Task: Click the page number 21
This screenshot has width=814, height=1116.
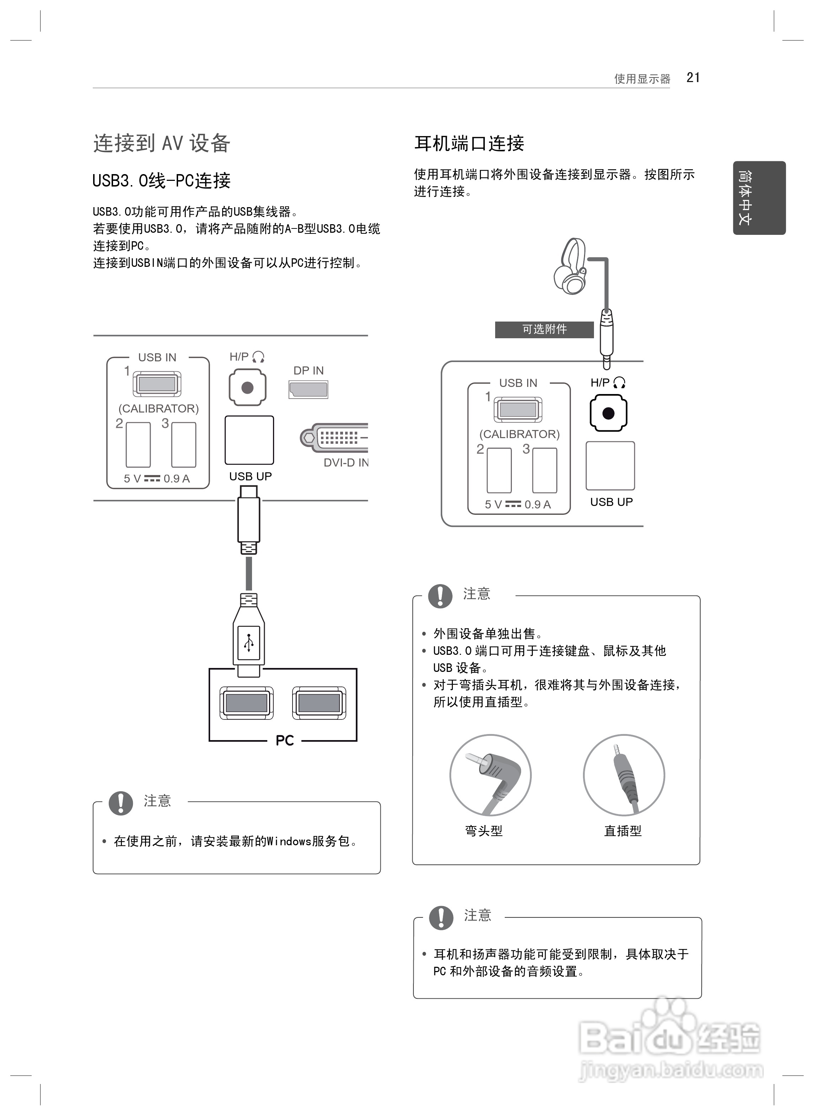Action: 693,78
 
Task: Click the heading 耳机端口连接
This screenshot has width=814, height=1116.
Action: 469,143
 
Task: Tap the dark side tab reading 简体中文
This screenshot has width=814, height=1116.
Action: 759,198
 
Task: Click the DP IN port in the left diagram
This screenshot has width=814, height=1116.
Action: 309,389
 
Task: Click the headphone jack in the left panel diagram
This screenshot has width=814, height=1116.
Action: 247,388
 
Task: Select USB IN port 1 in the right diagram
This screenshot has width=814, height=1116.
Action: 518,410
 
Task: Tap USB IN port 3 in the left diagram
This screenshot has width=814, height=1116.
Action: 184,445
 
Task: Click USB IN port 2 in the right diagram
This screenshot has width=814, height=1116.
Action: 499,470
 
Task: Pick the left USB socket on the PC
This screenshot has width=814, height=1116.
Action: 246,703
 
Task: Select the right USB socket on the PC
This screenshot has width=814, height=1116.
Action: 319,703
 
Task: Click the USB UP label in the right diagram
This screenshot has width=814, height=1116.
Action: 611,502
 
